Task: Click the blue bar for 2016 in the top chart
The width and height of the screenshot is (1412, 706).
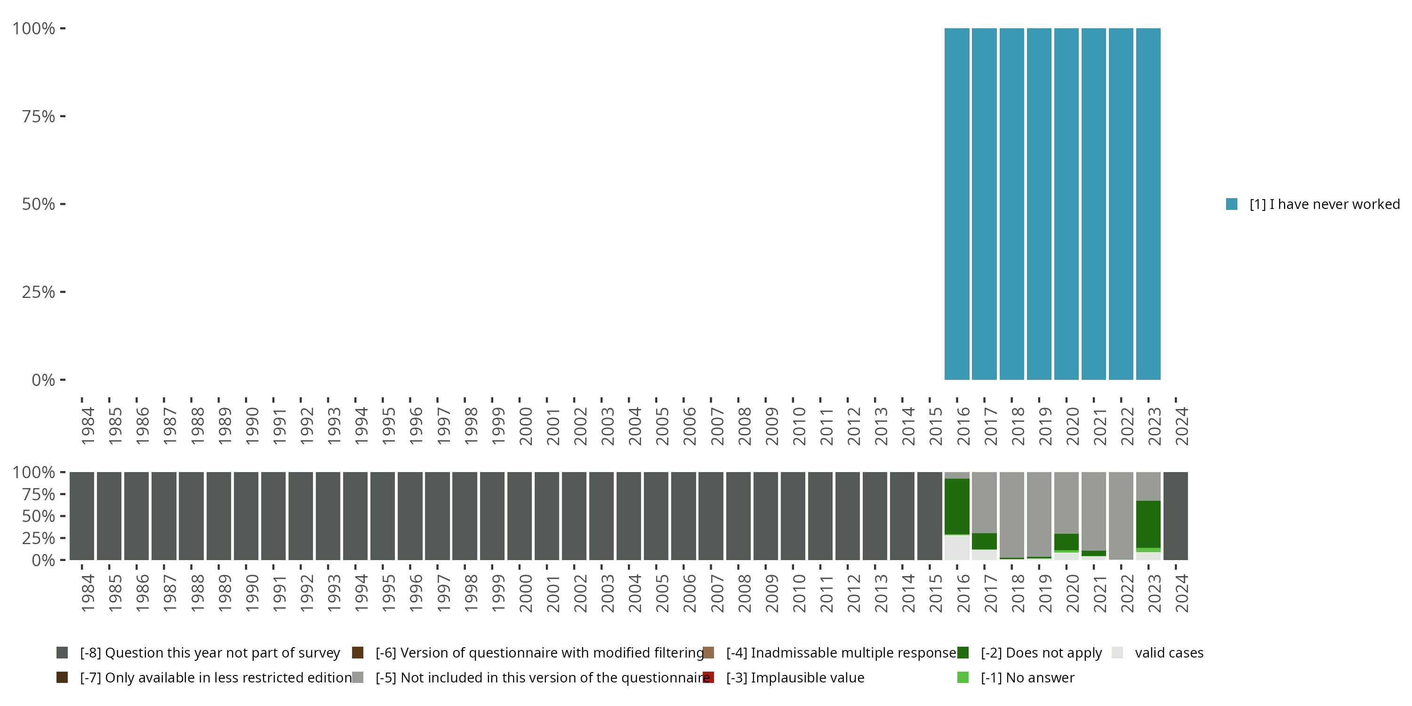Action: [956, 204]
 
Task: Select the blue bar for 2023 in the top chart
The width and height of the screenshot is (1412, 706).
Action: [1148, 204]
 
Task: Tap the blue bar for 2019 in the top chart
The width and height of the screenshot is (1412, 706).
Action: [1039, 204]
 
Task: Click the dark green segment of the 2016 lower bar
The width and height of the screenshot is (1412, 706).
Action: [956, 506]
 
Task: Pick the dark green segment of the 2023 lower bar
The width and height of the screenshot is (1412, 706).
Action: [1148, 523]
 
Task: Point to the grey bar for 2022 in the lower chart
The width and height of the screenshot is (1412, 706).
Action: [1121, 515]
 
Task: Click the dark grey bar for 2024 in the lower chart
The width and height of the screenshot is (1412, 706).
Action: [1176, 515]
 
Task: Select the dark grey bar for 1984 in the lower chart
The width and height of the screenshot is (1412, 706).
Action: [82, 515]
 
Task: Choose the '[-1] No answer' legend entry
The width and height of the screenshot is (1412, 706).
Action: [1027, 677]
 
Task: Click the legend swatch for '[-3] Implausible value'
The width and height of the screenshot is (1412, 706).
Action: [708, 677]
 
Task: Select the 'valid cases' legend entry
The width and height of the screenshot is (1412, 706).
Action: [1169, 653]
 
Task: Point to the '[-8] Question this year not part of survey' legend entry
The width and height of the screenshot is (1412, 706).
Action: [209, 653]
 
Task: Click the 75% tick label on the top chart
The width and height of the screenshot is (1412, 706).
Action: [39, 116]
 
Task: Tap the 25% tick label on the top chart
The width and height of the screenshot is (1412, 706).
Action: [39, 292]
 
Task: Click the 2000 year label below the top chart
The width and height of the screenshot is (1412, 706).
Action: [525, 426]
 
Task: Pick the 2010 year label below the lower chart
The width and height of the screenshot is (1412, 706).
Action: [799, 593]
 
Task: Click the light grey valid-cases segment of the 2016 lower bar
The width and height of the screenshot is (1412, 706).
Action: [956, 547]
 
